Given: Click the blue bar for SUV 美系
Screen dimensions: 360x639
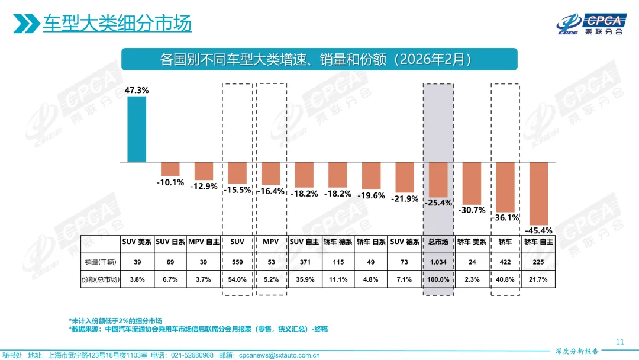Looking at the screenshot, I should [137, 129].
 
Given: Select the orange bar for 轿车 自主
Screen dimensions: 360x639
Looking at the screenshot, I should [539, 192].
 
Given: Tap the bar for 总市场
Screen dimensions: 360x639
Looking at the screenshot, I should [438, 179].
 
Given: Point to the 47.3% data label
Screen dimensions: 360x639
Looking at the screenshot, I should [137, 90].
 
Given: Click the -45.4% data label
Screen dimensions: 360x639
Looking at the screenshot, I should [539, 230].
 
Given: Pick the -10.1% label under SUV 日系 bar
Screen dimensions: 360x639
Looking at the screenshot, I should [170, 182].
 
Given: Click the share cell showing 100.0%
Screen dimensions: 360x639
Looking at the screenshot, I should [438, 279].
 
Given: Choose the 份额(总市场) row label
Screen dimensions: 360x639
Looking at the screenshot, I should [101, 279].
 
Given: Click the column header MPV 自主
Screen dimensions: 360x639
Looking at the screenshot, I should [204, 242].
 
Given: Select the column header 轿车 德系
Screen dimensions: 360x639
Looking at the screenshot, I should [338, 242].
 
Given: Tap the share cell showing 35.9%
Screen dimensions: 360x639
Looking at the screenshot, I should [304, 279].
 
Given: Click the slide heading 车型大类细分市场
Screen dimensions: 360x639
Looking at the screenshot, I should [117, 24].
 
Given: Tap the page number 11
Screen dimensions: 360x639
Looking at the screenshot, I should [620, 342].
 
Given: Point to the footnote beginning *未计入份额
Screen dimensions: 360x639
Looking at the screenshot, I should [115, 320].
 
